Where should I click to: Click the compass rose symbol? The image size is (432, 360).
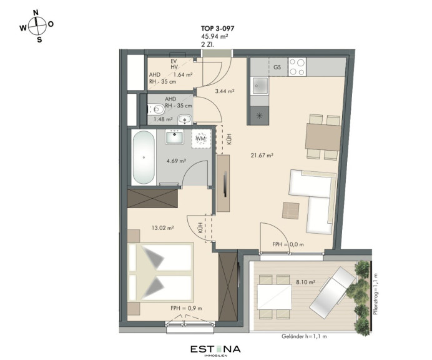37,26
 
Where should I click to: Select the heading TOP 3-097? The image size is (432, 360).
217,28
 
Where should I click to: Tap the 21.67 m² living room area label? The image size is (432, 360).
262,155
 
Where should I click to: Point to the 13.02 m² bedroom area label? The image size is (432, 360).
162,228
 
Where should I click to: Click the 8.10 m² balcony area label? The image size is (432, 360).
305,282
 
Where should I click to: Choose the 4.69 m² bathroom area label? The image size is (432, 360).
176,161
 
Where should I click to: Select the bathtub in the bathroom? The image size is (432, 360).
144,157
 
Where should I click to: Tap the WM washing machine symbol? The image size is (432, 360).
201,139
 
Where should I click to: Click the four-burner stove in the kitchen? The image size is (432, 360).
297,67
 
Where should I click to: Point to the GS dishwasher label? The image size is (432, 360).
277,67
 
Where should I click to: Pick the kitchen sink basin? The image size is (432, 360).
259,86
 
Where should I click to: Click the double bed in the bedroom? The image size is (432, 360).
160,272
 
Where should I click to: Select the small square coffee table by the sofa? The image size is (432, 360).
291,211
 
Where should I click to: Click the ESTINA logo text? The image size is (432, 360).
215,349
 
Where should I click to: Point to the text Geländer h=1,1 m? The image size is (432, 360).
304,336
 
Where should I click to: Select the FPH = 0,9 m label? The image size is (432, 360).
186,308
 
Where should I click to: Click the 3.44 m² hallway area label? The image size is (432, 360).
225,91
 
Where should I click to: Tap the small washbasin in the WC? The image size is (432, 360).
185,119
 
